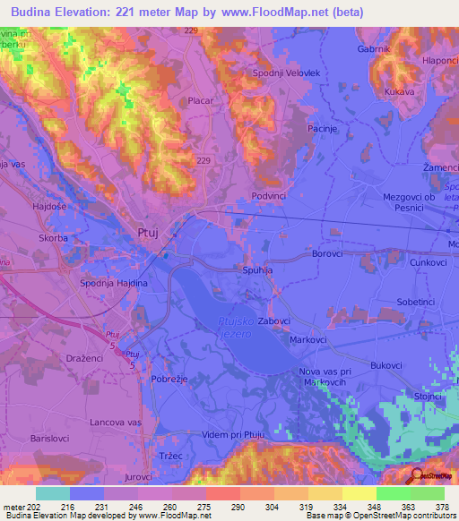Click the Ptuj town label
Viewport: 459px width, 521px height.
[148, 233]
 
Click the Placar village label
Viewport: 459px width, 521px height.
[200, 101]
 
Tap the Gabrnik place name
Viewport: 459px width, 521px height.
[374, 49]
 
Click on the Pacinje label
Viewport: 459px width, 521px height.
[322, 130]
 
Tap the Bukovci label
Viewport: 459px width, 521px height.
[386, 365]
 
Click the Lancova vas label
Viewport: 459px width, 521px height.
[116, 422]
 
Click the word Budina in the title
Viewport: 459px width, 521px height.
[38, 11]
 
